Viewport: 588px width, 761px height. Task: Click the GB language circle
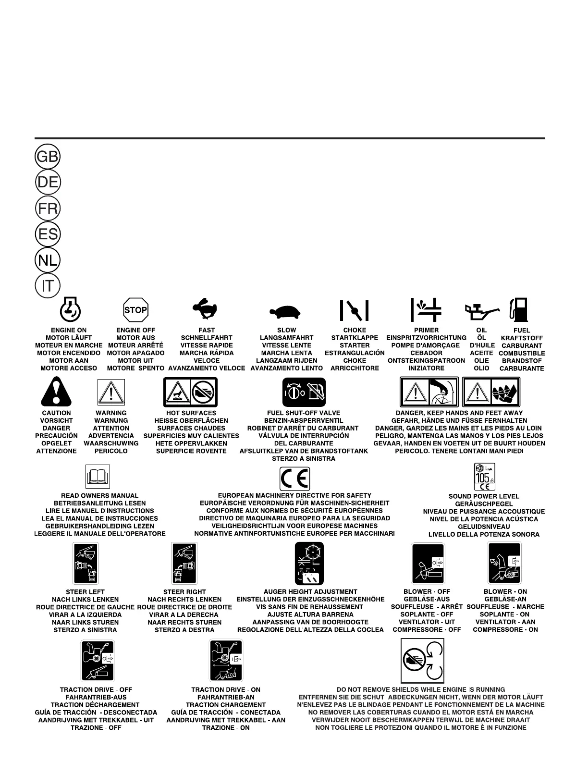47,157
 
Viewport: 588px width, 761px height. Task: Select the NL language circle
47,260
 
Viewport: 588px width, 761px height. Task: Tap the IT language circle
47,286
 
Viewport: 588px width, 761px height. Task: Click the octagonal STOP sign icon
135,310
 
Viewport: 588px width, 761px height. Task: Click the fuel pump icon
520,310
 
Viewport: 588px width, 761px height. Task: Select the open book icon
98,477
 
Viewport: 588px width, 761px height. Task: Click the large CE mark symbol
294,479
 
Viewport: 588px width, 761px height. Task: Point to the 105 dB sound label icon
484,477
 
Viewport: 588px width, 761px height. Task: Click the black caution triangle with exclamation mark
57,392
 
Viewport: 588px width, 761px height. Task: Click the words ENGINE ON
69,330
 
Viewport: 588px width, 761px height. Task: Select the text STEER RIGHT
184,592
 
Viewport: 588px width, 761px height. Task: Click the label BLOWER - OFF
427,591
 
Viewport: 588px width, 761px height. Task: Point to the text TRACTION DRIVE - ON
226,689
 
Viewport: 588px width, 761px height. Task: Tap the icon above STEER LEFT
86,564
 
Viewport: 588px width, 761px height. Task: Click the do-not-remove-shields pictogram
422,661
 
